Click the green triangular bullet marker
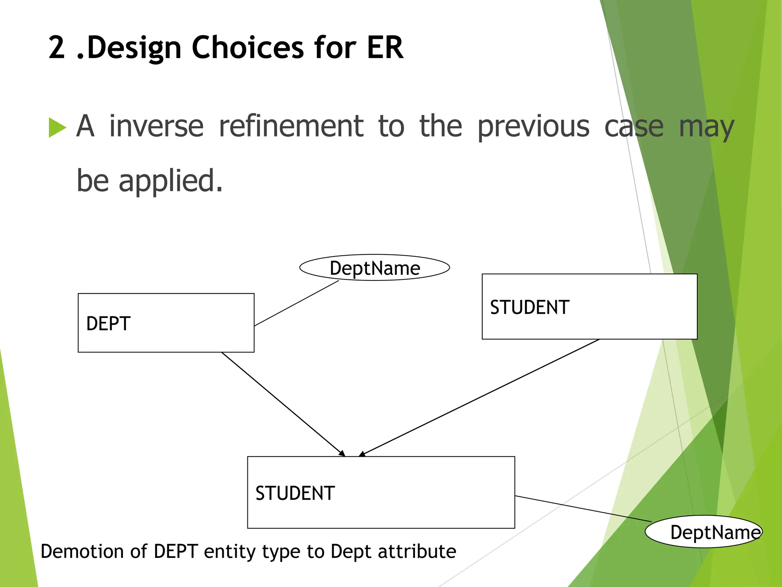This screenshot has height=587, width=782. coord(57,127)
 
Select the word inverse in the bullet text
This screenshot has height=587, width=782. coord(156,126)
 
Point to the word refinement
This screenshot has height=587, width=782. coord(291,126)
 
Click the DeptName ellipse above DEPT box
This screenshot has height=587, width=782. coord(375,268)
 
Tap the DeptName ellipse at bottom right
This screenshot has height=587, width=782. coord(703,532)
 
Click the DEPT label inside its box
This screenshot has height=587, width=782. coord(108,324)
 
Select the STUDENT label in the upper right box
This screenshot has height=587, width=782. coord(530,307)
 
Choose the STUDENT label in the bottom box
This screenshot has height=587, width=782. coord(295,493)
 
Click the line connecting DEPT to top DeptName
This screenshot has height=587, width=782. coord(296,303)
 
